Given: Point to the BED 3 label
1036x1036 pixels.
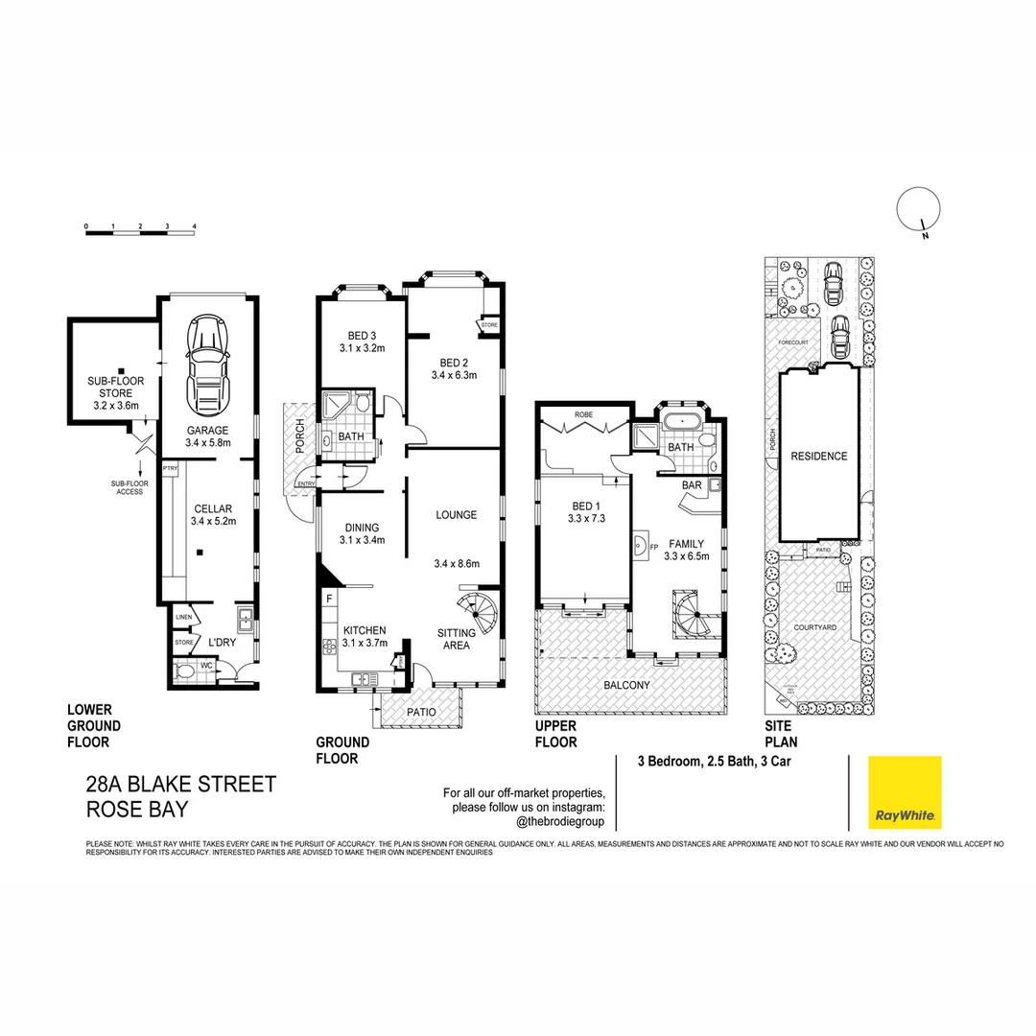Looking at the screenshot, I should pyautogui.click(x=361, y=341).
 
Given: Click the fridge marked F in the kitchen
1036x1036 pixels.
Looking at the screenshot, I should pyautogui.click(x=330, y=598).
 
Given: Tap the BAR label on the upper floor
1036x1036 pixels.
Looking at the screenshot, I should pyautogui.click(x=692, y=485).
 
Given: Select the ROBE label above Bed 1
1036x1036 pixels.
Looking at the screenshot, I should pyautogui.click(x=583, y=415).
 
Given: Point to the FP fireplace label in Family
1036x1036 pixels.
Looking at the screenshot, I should pyautogui.click(x=654, y=549).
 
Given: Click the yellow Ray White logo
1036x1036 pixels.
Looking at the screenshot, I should pyautogui.click(x=905, y=792).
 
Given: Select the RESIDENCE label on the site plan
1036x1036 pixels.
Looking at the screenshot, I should pyautogui.click(x=818, y=457).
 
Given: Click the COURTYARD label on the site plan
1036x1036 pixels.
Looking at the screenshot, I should pyautogui.click(x=814, y=626).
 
